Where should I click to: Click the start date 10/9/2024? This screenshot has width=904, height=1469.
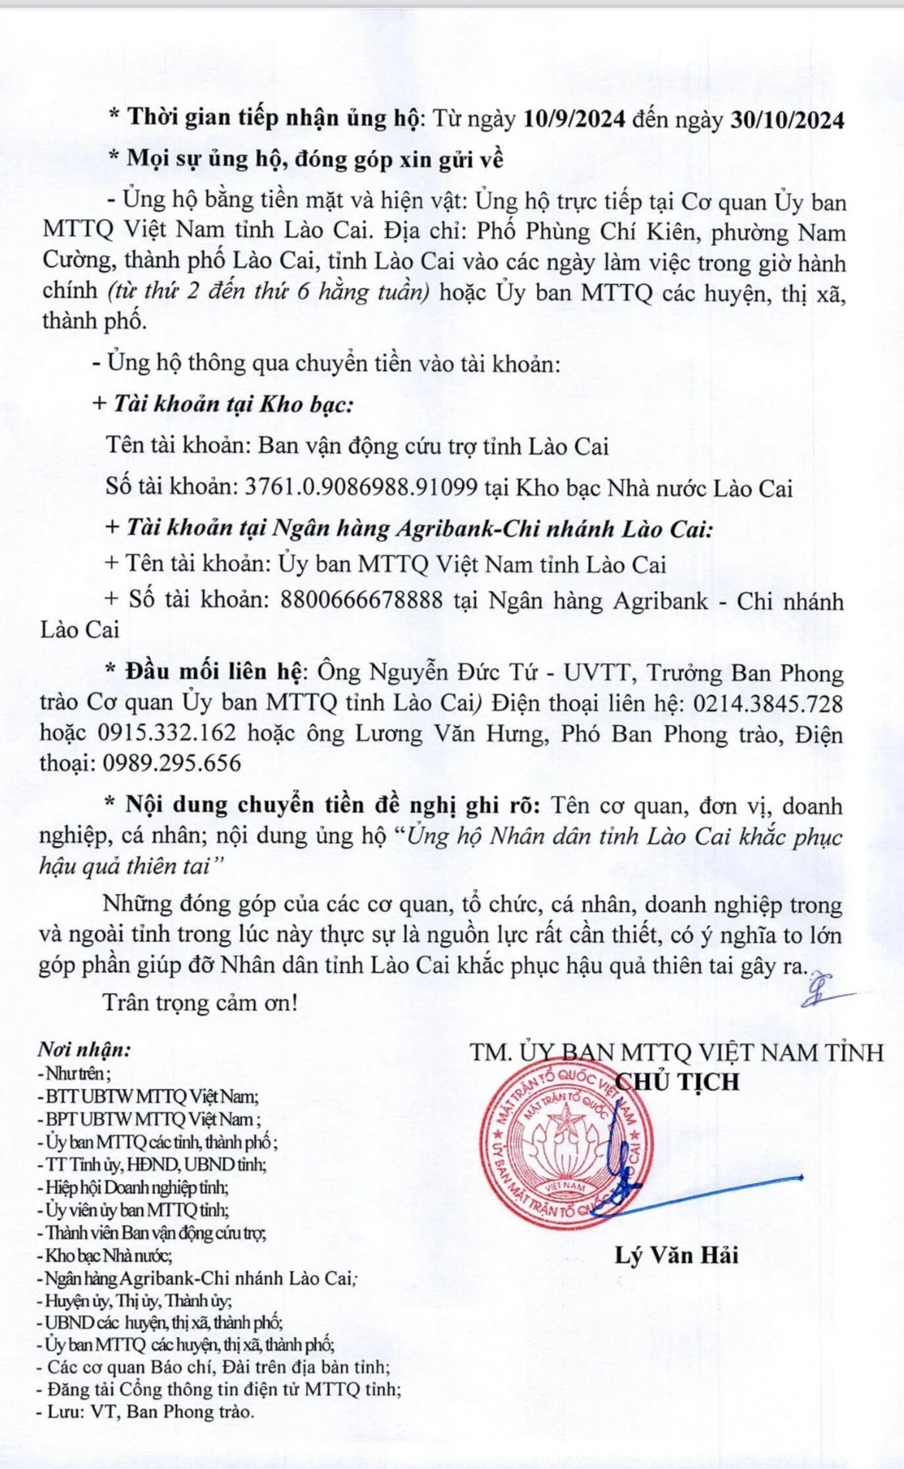coord(574,119)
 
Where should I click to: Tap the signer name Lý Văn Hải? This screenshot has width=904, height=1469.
coord(676,1256)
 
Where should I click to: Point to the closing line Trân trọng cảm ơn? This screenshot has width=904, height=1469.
coord(200,1003)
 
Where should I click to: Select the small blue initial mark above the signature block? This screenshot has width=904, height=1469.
coord(816,991)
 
